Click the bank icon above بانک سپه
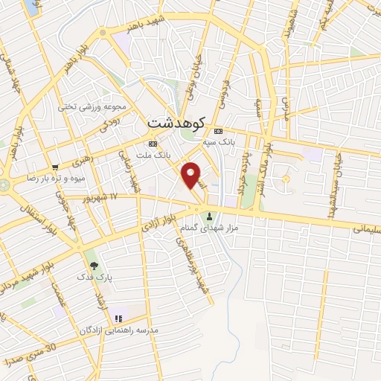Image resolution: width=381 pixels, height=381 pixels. (217, 131)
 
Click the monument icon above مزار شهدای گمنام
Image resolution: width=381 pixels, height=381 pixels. (210, 217)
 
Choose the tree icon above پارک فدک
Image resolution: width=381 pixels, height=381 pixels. (93, 264)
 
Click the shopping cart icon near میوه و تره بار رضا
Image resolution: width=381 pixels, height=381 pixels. (56, 167)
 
